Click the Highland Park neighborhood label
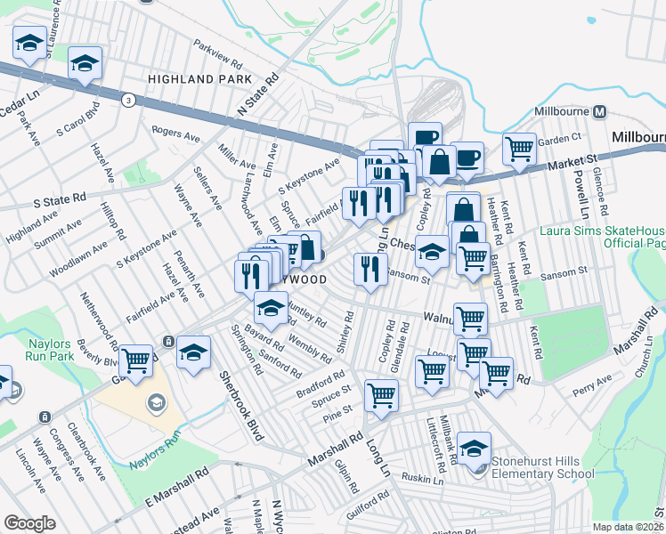[x=193, y=79]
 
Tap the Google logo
[x=29, y=523]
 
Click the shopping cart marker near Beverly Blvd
[x=136, y=360]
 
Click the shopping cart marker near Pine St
[x=380, y=393]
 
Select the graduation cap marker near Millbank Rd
[x=475, y=448]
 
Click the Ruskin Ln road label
[x=422, y=480]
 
